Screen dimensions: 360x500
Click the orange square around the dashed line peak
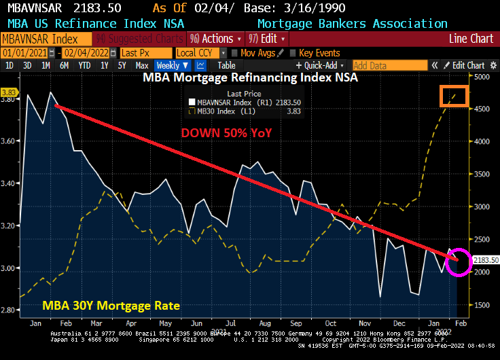453,95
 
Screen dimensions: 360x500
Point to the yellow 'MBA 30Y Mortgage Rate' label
111,306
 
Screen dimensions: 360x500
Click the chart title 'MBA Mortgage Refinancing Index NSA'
249,77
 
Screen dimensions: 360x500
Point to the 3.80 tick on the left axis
10,99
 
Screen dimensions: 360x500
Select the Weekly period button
172,65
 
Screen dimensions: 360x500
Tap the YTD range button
84,65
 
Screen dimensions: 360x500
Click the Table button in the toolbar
226,65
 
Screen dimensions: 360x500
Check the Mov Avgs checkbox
234,52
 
